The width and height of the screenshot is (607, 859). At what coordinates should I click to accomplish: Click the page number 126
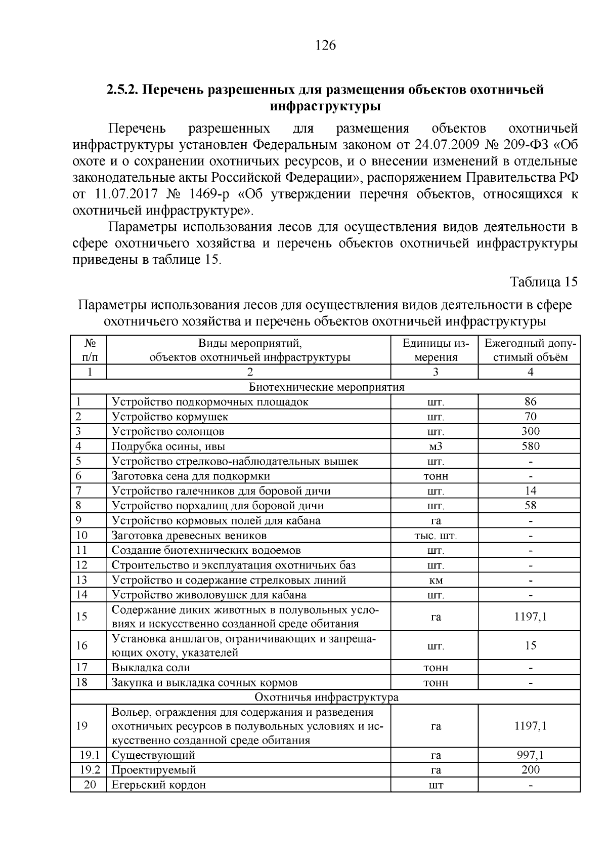click(325, 46)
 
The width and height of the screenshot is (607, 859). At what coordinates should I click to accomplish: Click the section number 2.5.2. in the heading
click(122, 90)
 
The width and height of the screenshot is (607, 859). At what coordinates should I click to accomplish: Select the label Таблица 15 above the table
click(543, 282)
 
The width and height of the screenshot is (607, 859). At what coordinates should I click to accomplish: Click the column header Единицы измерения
click(436, 350)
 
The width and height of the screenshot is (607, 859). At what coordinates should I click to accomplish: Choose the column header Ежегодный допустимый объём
click(530, 350)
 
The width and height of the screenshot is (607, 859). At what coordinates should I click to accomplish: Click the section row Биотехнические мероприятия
click(326, 387)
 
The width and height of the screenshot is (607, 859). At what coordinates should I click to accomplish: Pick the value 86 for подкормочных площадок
click(530, 402)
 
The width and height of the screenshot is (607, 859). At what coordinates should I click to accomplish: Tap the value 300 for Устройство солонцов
click(530, 431)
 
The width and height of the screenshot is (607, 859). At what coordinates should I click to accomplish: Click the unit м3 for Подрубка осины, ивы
click(436, 446)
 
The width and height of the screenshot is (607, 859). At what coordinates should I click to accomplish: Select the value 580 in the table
click(530, 446)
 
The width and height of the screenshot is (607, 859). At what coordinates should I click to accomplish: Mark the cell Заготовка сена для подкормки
click(191, 476)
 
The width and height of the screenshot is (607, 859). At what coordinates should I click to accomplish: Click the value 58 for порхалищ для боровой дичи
click(530, 505)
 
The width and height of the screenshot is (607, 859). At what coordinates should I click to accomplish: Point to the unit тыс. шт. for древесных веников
click(436, 536)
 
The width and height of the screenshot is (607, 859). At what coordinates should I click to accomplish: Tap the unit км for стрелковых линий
click(436, 580)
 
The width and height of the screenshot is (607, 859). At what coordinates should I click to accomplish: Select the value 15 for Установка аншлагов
click(530, 645)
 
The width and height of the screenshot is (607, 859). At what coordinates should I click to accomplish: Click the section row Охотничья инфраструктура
click(326, 698)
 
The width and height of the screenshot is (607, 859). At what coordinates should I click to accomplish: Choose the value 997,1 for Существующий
click(530, 755)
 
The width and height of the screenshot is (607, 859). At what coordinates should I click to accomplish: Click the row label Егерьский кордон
click(158, 785)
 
